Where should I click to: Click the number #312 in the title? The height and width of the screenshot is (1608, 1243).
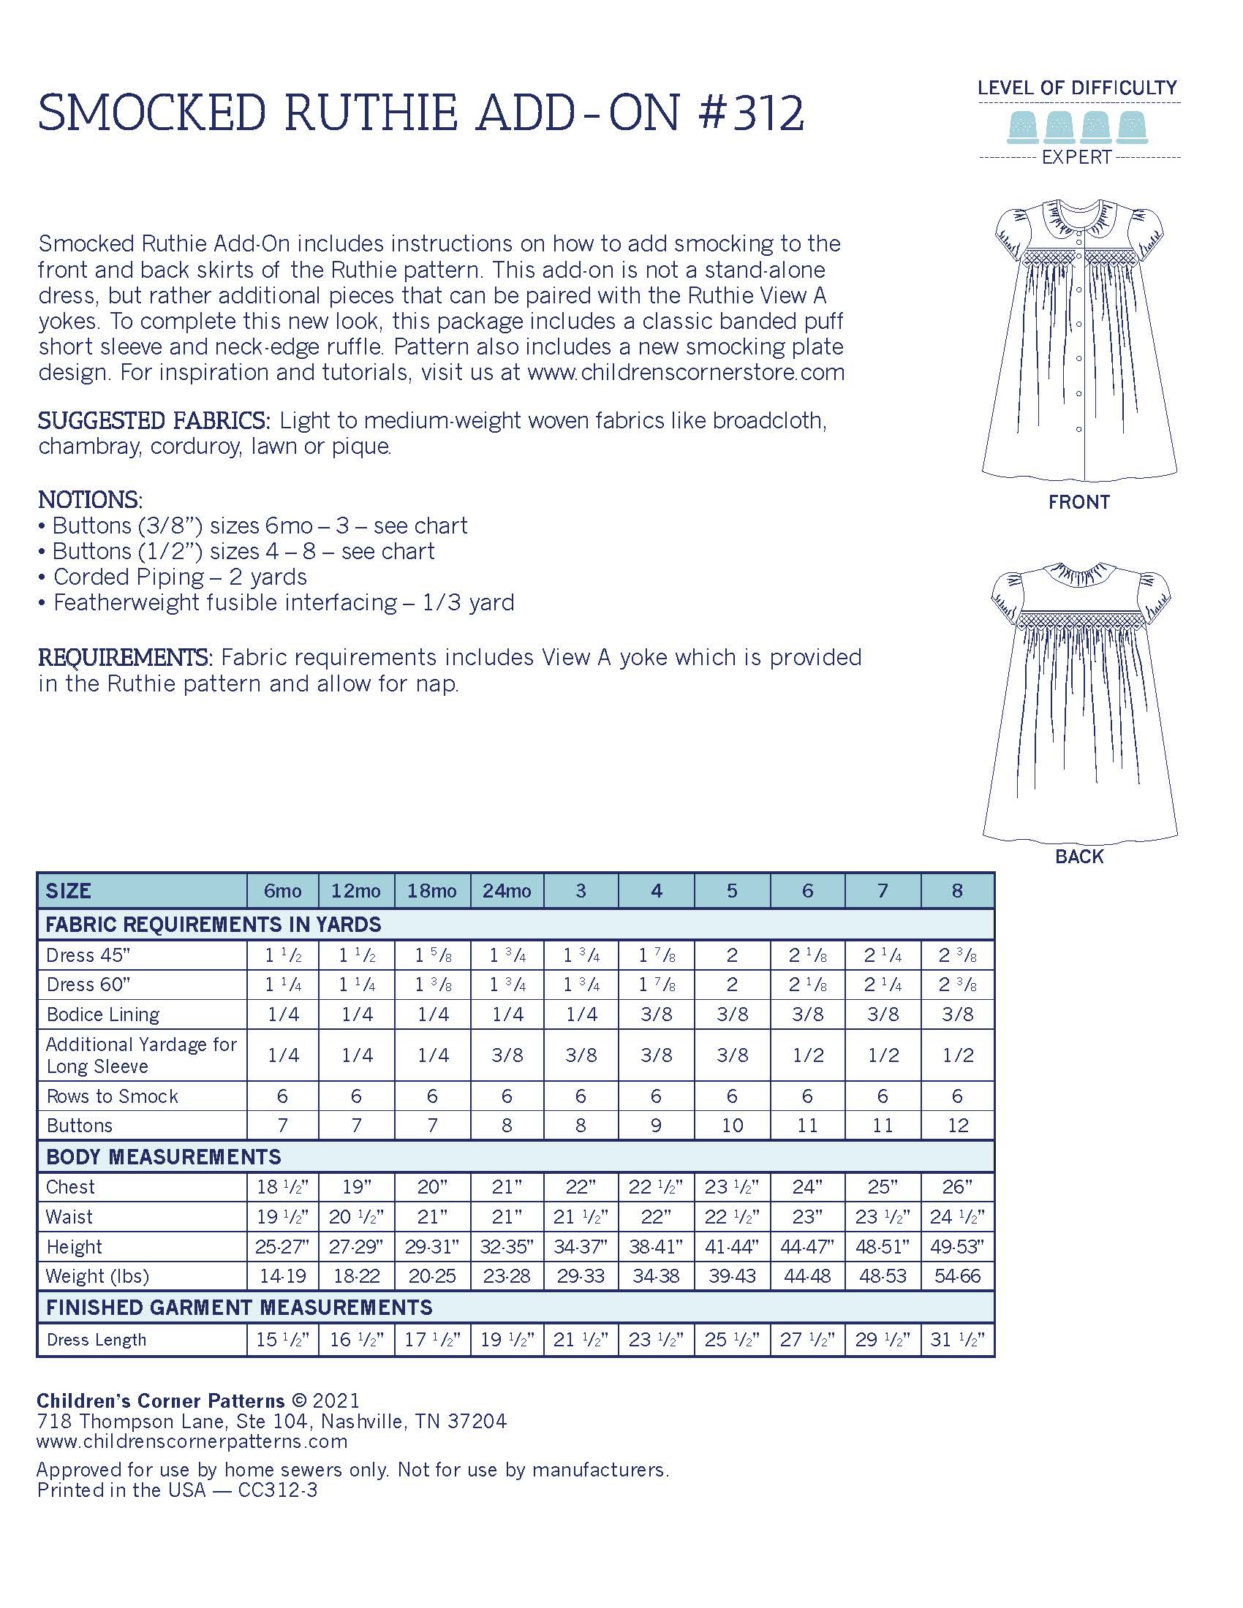pos(749,114)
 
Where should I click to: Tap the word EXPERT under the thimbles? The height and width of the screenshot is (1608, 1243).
pos(1076,157)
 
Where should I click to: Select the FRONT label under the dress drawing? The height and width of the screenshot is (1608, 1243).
pos(1078,502)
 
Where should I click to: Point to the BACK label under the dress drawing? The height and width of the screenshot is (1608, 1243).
pos(1078,857)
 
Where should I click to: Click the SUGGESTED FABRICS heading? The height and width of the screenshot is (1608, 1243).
pos(154,421)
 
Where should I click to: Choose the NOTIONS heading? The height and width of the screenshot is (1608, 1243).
pos(90,500)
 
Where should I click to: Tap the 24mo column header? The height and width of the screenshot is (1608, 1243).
pos(507,891)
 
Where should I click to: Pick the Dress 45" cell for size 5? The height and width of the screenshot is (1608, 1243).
pos(731,955)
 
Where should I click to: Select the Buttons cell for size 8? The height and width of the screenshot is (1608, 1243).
pos(957,1126)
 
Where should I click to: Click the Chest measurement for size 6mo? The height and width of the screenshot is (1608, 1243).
pos(282,1187)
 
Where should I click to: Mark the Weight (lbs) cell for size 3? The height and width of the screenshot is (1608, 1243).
pos(581,1276)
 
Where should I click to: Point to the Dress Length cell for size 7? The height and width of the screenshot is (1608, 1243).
pos(883,1339)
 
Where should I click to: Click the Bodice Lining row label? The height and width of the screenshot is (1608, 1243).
pos(103,1015)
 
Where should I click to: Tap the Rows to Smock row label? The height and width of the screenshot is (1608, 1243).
pos(112,1096)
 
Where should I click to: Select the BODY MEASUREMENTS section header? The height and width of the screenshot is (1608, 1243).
pos(164,1157)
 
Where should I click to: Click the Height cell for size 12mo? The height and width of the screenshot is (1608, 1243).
pos(356,1246)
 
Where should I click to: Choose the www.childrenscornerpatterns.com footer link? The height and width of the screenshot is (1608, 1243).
pos(192,1441)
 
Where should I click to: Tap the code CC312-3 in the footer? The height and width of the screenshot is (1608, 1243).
pos(278,1490)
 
